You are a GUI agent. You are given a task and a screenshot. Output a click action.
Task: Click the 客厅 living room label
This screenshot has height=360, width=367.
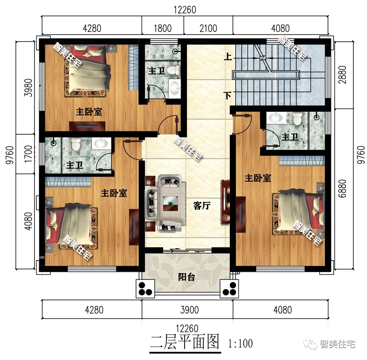[201, 206]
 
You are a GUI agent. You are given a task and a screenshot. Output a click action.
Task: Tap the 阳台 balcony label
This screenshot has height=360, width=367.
[186, 277]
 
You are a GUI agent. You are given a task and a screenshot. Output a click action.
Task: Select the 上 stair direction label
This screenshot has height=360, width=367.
[228, 57]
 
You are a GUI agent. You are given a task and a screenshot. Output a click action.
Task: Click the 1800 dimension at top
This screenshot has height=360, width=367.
[162, 28]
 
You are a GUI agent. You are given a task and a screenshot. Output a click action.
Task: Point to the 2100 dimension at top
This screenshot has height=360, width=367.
[208, 28]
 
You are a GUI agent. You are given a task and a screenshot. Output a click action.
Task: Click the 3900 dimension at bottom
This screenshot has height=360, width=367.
[190, 309]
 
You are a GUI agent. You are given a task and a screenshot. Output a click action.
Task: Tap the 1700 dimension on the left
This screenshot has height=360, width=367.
[27, 153]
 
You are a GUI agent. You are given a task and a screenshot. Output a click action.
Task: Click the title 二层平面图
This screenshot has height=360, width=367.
[185, 342]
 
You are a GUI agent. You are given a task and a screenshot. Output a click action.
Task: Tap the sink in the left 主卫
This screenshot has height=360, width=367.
[101, 144]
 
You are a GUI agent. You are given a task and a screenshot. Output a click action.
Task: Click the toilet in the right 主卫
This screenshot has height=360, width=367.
[297, 120]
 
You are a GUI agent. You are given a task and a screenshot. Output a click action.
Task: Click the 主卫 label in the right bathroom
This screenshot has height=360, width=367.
[289, 137]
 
